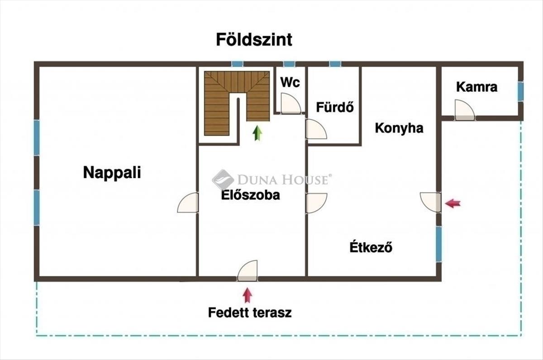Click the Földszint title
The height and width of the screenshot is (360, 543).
point(254,40)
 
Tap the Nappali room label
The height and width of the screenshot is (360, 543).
point(112,173)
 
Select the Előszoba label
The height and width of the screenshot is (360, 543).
point(250,195)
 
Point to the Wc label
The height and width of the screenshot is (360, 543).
point(290,82)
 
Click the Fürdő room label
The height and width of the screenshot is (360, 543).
point(335,107)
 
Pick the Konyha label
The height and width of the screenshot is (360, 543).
point(399,128)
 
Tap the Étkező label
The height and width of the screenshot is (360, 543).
point(371,246)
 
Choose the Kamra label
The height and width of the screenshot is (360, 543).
point(476,87)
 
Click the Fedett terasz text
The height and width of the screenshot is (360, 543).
point(250,313)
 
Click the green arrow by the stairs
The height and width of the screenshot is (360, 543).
point(257,133)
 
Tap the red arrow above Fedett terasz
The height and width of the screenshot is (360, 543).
point(247,295)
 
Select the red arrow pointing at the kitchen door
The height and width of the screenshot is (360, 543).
point(453,204)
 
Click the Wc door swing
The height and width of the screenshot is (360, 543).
point(291,104)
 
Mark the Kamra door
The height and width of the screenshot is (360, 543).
point(465,110)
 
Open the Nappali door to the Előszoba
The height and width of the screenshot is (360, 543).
point(188,203)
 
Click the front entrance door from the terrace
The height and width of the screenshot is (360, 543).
point(248,270)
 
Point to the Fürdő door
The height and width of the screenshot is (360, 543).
point(316,129)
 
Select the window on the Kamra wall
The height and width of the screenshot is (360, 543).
point(520,91)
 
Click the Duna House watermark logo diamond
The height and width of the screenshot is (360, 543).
point(223,180)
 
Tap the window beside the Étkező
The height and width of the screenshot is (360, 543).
point(439,244)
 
